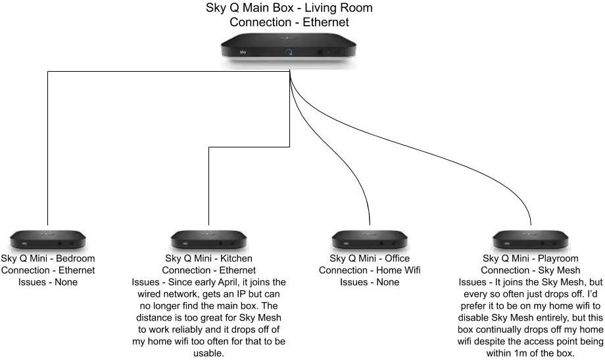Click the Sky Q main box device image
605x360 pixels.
coord(289,49)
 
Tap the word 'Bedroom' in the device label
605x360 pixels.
coord(74,259)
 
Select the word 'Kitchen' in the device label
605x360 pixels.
coord(235,259)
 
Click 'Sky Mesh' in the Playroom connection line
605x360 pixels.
coord(558,270)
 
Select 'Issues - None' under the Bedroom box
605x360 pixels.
coord(48,282)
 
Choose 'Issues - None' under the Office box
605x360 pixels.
coord(370,282)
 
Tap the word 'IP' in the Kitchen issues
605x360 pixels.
coord(231,294)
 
